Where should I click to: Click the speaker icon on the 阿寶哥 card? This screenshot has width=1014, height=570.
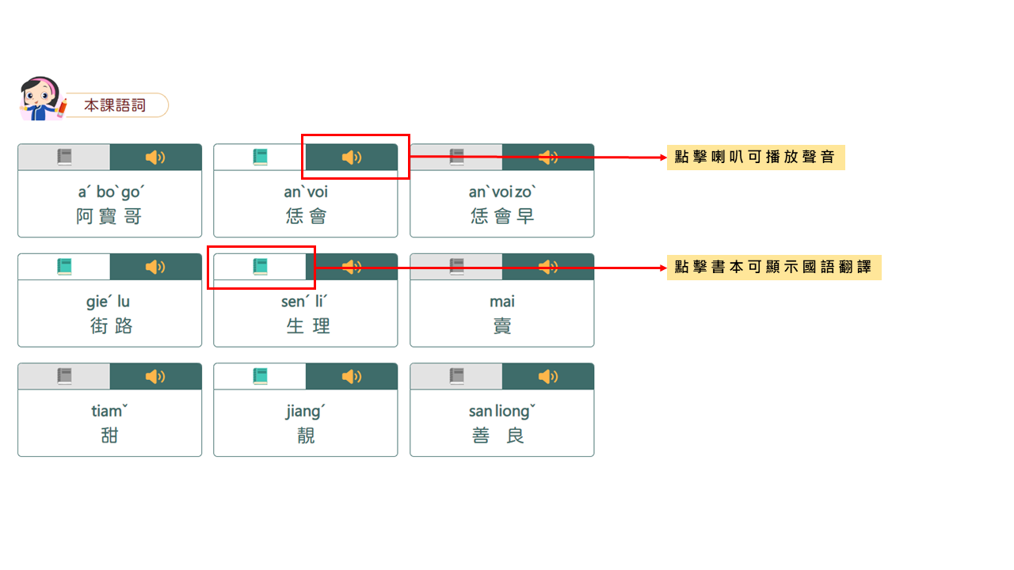pyautogui.click(x=155, y=158)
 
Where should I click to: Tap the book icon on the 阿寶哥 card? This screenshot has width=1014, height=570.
pyautogui.click(x=64, y=158)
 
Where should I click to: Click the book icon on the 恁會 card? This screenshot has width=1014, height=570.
pyautogui.click(x=260, y=158)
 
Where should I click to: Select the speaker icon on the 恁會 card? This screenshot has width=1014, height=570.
pyautogui.click(x=352, y=158)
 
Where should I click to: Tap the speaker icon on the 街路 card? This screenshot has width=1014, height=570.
pyautogui.click(x=155, y=267)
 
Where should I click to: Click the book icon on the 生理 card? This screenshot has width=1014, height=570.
pyautogui.click(x=260, y=267)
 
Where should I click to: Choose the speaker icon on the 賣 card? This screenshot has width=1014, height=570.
pyautogui.click(x=547, y=267)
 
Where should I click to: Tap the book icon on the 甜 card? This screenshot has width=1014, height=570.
pyautogui.click(x=64, y=376)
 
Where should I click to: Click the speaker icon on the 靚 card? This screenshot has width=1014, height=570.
pyautogui.click(x=352, y=376)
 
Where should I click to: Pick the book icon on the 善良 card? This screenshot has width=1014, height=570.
pyautogui.click(x=456, y=376)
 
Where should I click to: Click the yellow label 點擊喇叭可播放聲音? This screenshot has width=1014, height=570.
pyautogui.click(x=755, y=157)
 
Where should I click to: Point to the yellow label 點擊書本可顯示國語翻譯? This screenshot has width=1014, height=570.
pyautogui.click(x=773, y=268)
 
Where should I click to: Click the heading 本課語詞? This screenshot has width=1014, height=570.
pyautogui.click(x=115, y=105)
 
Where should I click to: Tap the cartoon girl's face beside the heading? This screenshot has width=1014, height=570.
pyautogui.click(x=38, y=97)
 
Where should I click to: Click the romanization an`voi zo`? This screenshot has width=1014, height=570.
pyautogui.click(x=501, y=192)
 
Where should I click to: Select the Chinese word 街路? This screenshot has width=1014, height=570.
pyautogui.click(x=109, y=326)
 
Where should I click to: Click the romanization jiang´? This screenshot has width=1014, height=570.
pyautogui.click(x=305, y=412)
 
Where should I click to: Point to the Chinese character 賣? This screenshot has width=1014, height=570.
pyautogui.click(x=502, y=326)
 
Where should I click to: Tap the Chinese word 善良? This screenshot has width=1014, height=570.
pyautogui.click(x=501, y=435)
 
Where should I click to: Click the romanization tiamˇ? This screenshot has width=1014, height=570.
pyautogui.click(x=109, y=412)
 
